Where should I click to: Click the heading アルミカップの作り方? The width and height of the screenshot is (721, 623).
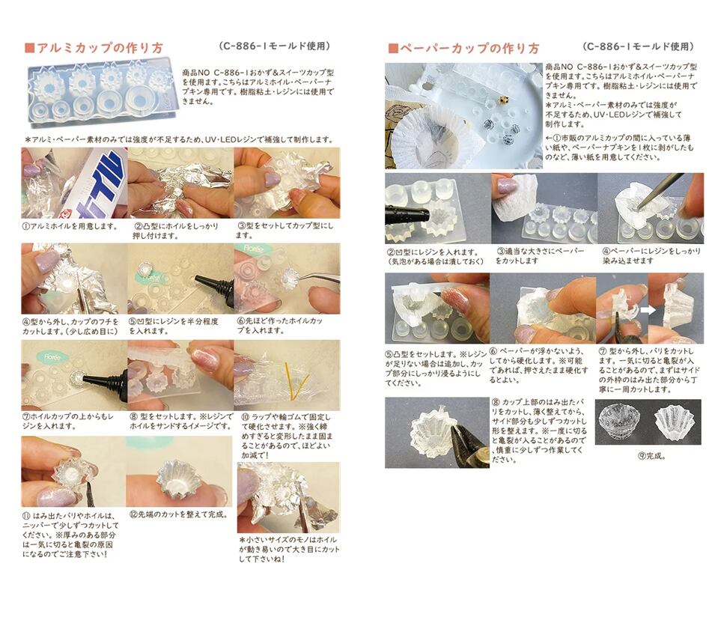pos(100,48)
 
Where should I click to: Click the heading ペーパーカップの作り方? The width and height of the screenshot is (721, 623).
pos(469,48)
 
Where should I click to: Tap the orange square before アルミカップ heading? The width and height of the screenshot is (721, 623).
pos(30,48)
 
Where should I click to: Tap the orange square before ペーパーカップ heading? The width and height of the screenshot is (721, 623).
pos(393,49)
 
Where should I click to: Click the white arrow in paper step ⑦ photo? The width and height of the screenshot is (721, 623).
pos(648,310)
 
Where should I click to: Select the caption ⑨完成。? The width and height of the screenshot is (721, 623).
pos(651,456)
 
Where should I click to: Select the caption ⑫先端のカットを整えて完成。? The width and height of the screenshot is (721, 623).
pos(180,514)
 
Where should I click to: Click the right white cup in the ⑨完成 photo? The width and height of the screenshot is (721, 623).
pos(674,422)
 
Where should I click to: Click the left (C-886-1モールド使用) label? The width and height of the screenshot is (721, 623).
pos(275,46)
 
